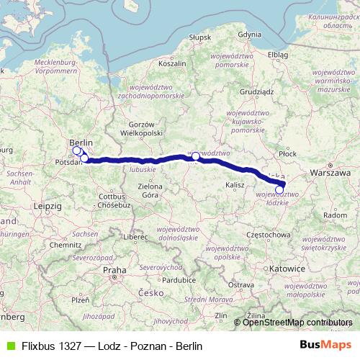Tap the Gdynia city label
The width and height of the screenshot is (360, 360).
(249, 34)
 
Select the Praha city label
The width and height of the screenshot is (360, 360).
(114, 270)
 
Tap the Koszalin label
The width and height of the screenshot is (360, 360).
(172, 63)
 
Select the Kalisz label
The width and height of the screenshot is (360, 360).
(235, 185)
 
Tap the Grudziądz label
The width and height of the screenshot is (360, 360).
(257, 91)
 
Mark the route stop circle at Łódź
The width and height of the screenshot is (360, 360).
(279, 190)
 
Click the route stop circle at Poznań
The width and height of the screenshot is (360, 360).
(195, 156)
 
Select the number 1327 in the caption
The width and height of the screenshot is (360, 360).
(71, 346)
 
